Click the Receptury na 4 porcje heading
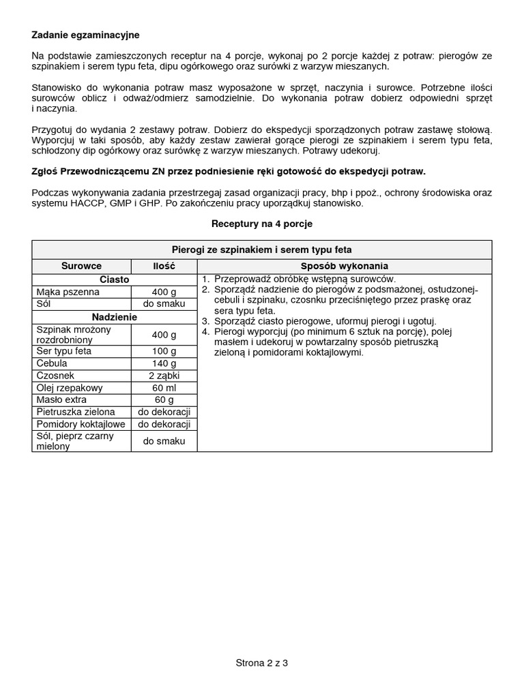click(x=262, y=224)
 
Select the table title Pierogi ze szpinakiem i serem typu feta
click(x=262, y=250)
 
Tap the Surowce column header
click(x=81, y=267)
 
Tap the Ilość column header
click(x=164, y=267)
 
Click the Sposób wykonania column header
click(x=344, y=267)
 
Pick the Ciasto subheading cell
click(x=115, y=279)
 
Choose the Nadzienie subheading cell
click(x=115, y=317)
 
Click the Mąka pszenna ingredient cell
click(x=68, y=292)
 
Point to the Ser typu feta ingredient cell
click(x=64, y=351)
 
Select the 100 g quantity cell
click(x=164, y=352)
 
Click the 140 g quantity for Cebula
click(x=164, y=364)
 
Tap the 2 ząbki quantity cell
click(x=164, y=376)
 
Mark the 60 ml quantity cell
click(x=164, y=388)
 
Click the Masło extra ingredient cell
click(x=62, y=400)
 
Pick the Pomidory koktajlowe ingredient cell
click(x=81, y=424)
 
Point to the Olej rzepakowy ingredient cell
click(x=70, y=388)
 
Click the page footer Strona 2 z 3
click(x=262, y=663)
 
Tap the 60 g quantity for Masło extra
click(x=164, y=400)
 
